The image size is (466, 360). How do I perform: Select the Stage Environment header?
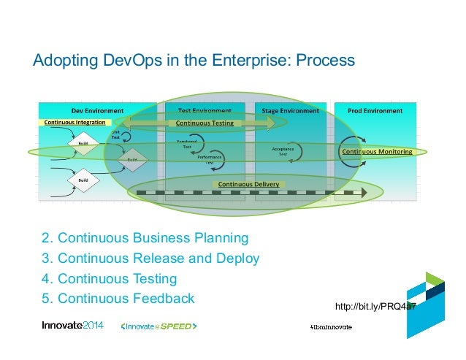291,111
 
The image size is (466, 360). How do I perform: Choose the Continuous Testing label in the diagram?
205,123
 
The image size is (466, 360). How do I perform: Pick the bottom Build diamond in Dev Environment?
83,178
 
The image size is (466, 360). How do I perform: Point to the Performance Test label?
210,160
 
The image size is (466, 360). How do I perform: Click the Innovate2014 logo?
73,326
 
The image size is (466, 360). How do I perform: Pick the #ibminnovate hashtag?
331,326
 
